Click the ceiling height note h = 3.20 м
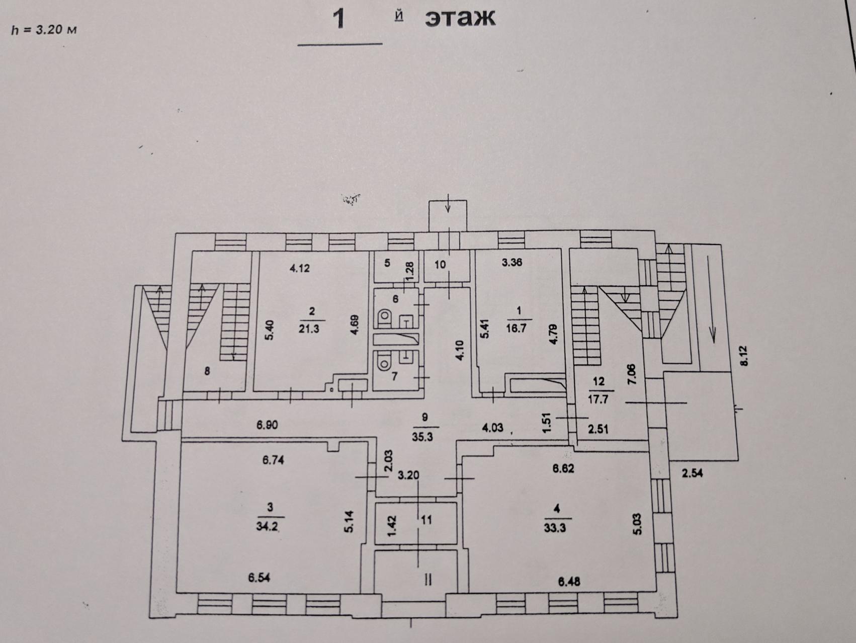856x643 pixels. [x=44, y=30]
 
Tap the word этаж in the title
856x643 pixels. [x=460, y=19]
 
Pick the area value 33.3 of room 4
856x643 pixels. [x=555, y=528]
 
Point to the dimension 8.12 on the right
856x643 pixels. [x=744, y=356]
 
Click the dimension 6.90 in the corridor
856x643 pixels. [x=267, y=425]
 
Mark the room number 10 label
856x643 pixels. [x=440, y=265]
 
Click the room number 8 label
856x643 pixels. [x=207, y=371]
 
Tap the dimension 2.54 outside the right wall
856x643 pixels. [x=692, y=473]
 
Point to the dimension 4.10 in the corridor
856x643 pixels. [x=461, y=350]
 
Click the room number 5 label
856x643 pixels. [x=387, y=263]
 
